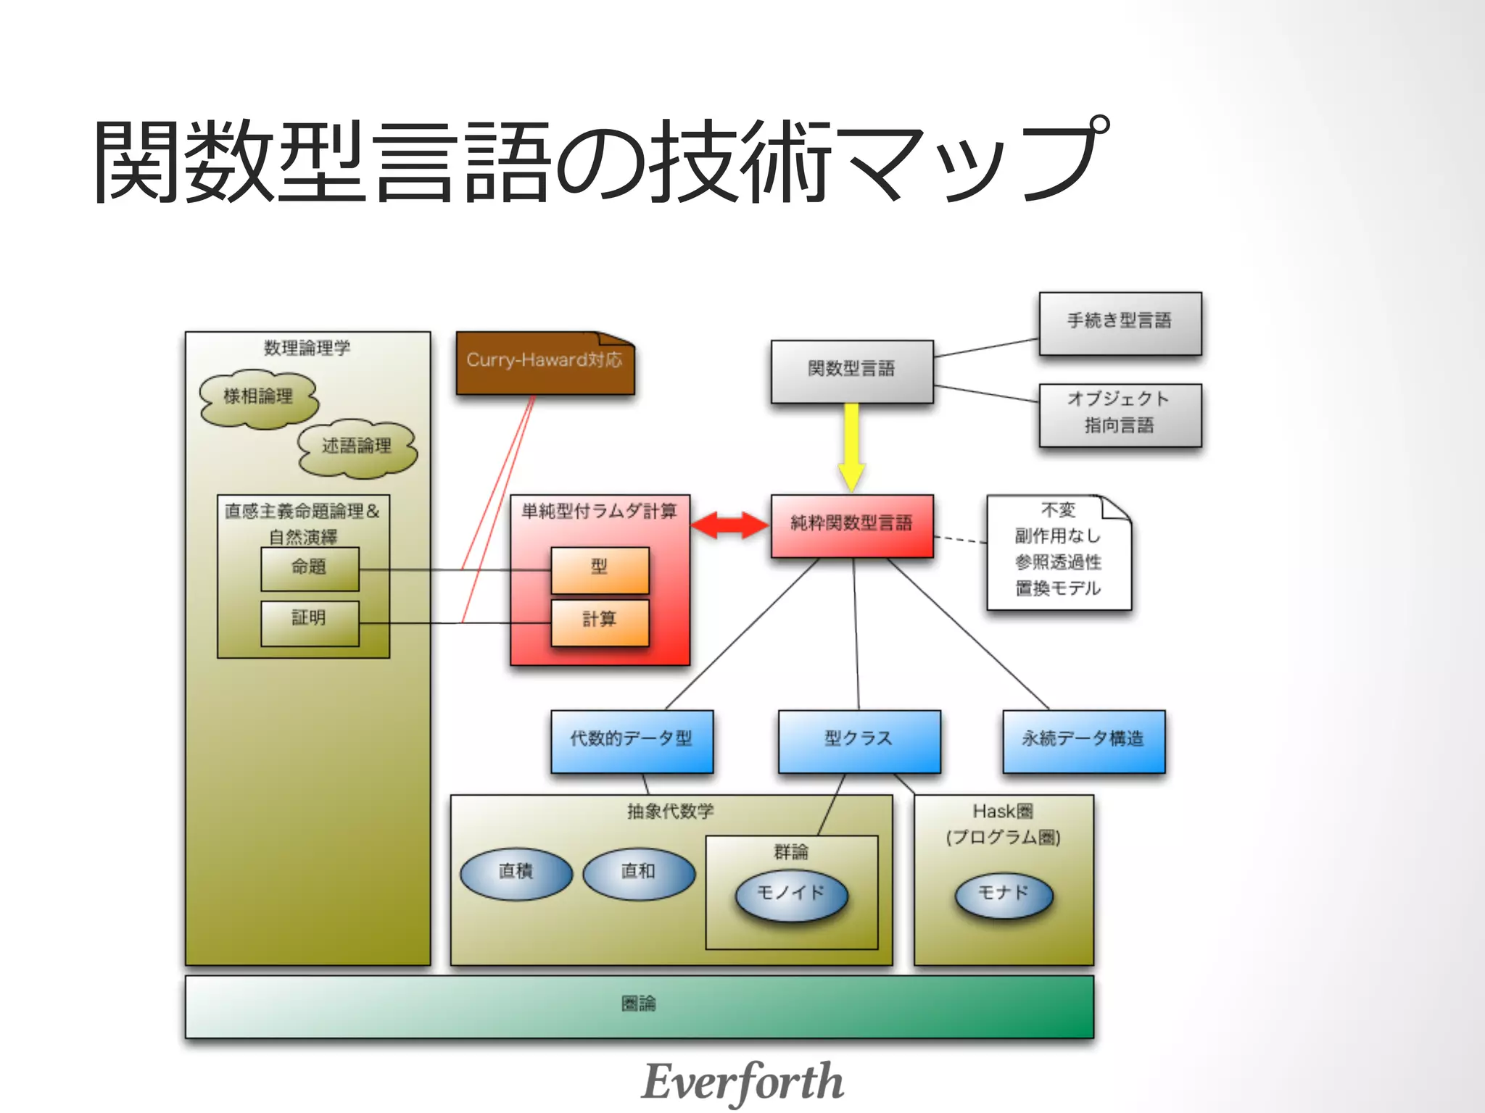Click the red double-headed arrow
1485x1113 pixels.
click(x=729, y=525)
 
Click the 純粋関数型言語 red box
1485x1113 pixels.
click(x=851, y=525)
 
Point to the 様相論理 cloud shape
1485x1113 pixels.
click(x=259, y=398)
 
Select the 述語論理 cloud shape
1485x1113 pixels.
click(x=357, y=447)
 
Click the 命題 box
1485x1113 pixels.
click(x=310, y=568)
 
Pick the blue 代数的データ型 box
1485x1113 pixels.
click(x=632, y=741)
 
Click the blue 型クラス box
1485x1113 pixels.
click(x=859, y=741)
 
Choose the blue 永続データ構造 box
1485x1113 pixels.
click(x=1083, y=741)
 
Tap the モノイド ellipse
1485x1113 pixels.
click(x=791, y=895)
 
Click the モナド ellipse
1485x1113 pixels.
click(x=1004, y=895)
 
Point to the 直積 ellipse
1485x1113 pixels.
click(x=516, y=873)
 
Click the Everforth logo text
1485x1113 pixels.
click(x=742, y=1082)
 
